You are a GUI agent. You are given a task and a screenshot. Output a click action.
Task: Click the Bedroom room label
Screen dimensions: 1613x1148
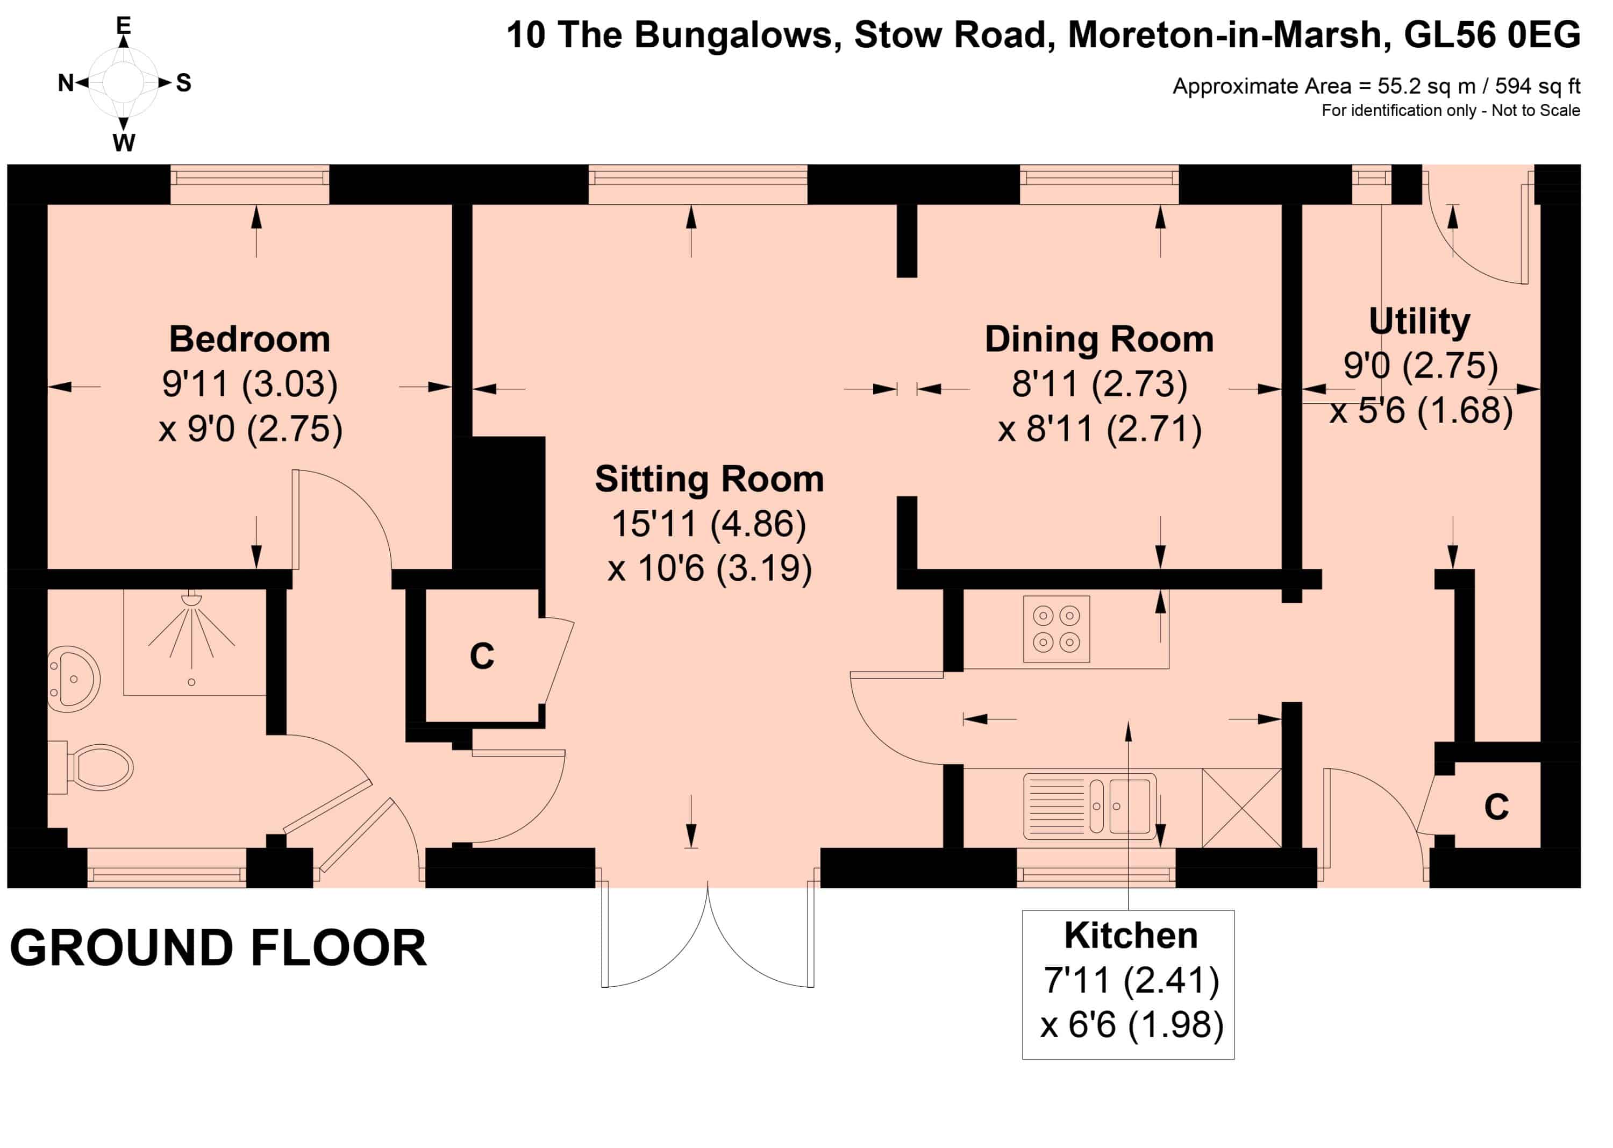coord(249,339)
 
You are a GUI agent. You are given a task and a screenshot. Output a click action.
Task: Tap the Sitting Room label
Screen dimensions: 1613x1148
coord(709,479)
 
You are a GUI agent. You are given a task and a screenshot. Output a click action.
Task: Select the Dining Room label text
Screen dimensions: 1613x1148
coord(1099,339)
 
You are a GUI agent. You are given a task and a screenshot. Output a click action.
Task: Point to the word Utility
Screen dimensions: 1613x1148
coord(1419,322)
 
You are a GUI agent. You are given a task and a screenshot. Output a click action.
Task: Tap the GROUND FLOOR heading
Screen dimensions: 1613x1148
coord(218,948)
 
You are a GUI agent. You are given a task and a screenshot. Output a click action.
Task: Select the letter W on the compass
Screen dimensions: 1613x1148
coord(124,143)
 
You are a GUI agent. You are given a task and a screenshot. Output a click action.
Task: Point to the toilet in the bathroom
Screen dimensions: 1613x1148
coord(92,767)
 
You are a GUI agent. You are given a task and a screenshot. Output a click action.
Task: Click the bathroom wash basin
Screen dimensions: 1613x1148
coord(74,679)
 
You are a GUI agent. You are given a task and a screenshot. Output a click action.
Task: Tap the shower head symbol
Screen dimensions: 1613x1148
coord(191,600)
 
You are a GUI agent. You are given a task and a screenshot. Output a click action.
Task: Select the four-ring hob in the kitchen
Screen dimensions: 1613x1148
coord(1056,629)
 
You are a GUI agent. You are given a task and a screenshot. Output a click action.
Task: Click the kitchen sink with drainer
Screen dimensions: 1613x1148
coord(1090,807)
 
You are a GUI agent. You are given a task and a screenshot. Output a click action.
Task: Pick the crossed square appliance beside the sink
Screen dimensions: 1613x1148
coord(1241,807)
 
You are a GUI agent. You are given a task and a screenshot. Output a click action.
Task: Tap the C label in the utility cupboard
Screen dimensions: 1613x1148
coord(1496,807)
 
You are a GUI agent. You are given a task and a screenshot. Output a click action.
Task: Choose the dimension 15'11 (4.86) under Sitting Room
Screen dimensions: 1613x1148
coord(709,524)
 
